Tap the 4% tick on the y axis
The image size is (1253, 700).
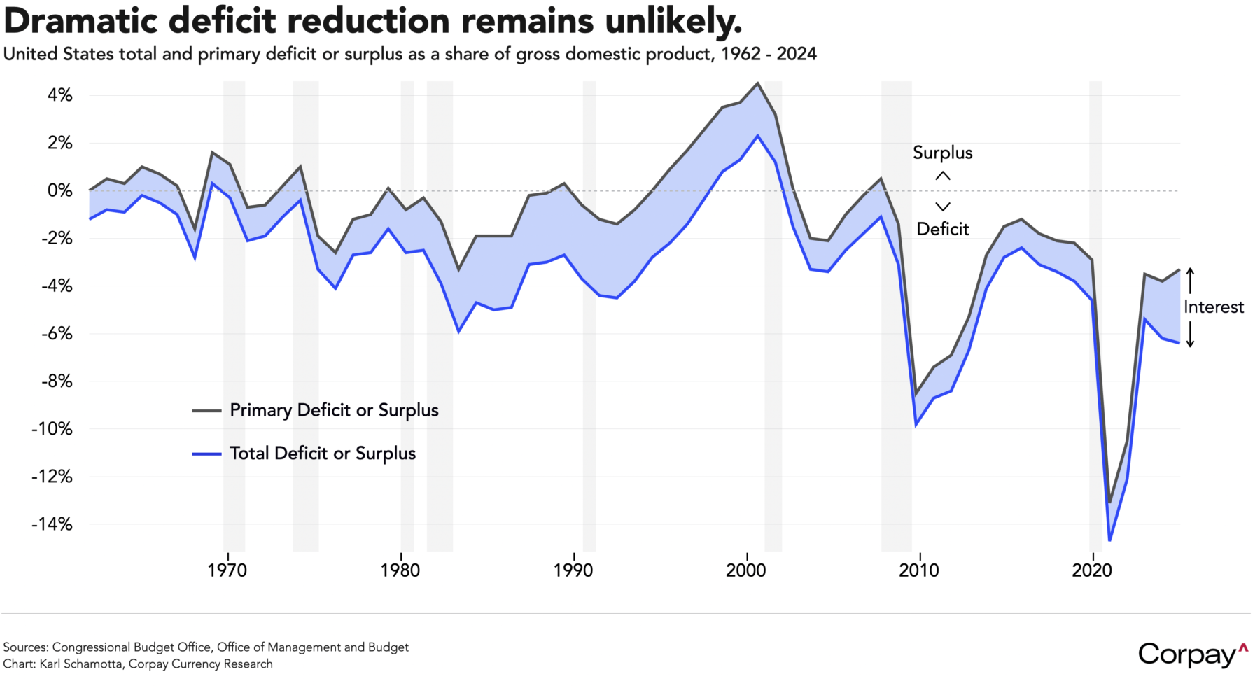[59, 95]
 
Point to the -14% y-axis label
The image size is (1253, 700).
[51, 524]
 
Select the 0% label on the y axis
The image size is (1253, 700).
[59, 190]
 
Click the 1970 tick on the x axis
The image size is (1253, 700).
[227, 570]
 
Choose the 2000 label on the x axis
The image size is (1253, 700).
[746, 570]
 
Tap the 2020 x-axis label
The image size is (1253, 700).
[1092, 570]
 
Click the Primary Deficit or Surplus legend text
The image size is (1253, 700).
[334, 410]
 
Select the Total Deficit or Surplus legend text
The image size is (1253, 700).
[323, 454]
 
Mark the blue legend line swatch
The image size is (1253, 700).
[206, 454]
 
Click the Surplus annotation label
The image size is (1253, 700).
[943, 153]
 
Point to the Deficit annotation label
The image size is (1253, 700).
[943, 229]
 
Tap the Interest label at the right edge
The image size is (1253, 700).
[1214, 307]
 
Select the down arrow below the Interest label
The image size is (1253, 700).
[1190, 335]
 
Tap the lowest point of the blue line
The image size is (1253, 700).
[1110, 540]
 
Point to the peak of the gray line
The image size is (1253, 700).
[757, 83]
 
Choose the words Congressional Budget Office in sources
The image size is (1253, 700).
[131, 647]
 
